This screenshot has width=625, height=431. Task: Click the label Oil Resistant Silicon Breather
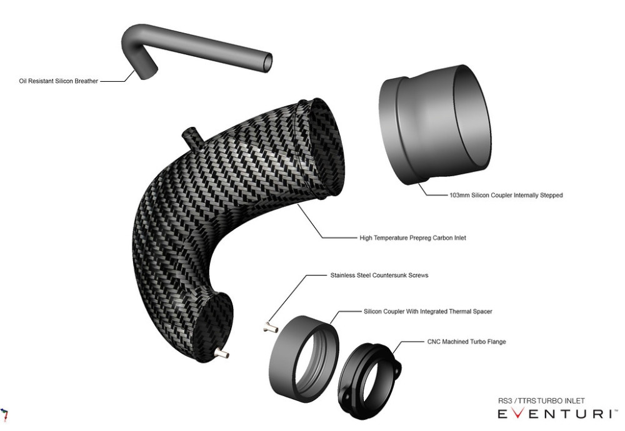click(59, 81)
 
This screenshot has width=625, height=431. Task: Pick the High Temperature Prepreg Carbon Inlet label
click(413, 238)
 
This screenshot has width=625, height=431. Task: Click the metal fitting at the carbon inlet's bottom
click(220, 354)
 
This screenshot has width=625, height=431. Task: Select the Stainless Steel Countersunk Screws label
click(379, 275)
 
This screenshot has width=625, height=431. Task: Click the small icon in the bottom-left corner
click(5, 414)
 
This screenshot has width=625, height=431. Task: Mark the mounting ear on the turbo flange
click(396, 367)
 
